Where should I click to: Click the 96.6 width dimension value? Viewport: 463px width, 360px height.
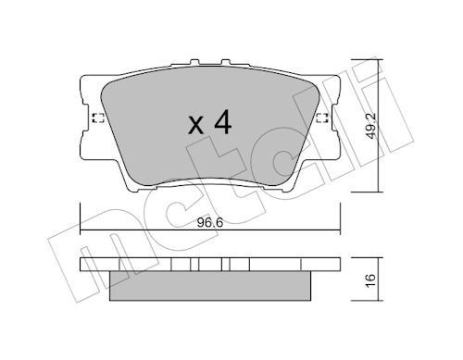[210, 223]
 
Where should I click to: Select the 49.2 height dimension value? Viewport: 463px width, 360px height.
[371, 126]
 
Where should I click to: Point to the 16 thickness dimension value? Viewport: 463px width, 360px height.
[370, 280]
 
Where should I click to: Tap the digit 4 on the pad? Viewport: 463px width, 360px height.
[223, 122]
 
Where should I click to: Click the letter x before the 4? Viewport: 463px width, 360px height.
[196, 126]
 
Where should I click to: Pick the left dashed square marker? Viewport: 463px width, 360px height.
[98, 118]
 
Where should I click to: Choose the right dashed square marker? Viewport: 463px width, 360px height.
[322, 118]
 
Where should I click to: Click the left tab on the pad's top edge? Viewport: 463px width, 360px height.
[194, 62]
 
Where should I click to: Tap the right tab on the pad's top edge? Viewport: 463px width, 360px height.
[226, 62]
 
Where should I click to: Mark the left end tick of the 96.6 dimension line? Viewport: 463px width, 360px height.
[81, 218]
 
